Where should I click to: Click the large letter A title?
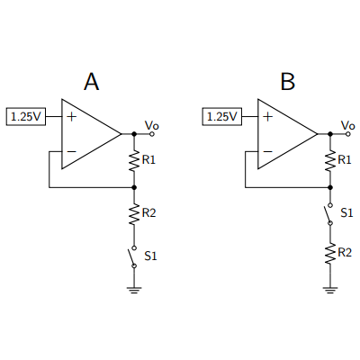tap(92, 81)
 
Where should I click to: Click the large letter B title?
tap(288, 81)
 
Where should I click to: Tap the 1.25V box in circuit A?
tap(26, 116)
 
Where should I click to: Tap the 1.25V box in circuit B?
tap(222, 116)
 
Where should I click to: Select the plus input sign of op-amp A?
tap(71, 116)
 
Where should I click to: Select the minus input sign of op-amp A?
tap(71, 151)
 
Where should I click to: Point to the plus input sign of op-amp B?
tap(267, 116)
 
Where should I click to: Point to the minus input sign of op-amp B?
tap(267, 151)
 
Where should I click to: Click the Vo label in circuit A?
tap(152, 125)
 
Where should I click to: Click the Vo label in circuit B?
tap(348, 125)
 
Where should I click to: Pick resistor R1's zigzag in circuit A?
tap(134, 161)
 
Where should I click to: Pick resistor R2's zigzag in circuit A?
tap(134, 214)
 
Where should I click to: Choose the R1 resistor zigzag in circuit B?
tap(330, 161)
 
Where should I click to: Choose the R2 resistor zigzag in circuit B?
tap(330, 254)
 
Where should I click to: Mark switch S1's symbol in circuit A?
tap(132, 256)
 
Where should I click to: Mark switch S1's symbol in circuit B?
tap(328, 214)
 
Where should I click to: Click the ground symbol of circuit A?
tap(134, 290)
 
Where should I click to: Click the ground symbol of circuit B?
tap(330, 290)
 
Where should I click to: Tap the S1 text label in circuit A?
tap(150, 256)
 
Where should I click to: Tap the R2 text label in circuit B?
tap(345, 253)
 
